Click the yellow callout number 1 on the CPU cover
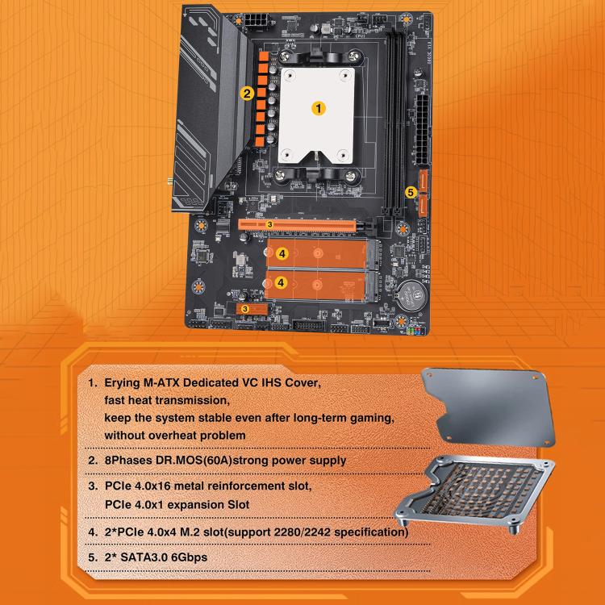pyautogui.click(x=319, y=106)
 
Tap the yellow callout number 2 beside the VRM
pyautogui.click(x=248, y=94)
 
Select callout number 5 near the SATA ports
pyautogui.click(x=411, y=192)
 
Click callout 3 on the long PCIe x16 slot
pyautogui.click(x=269, y=223)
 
